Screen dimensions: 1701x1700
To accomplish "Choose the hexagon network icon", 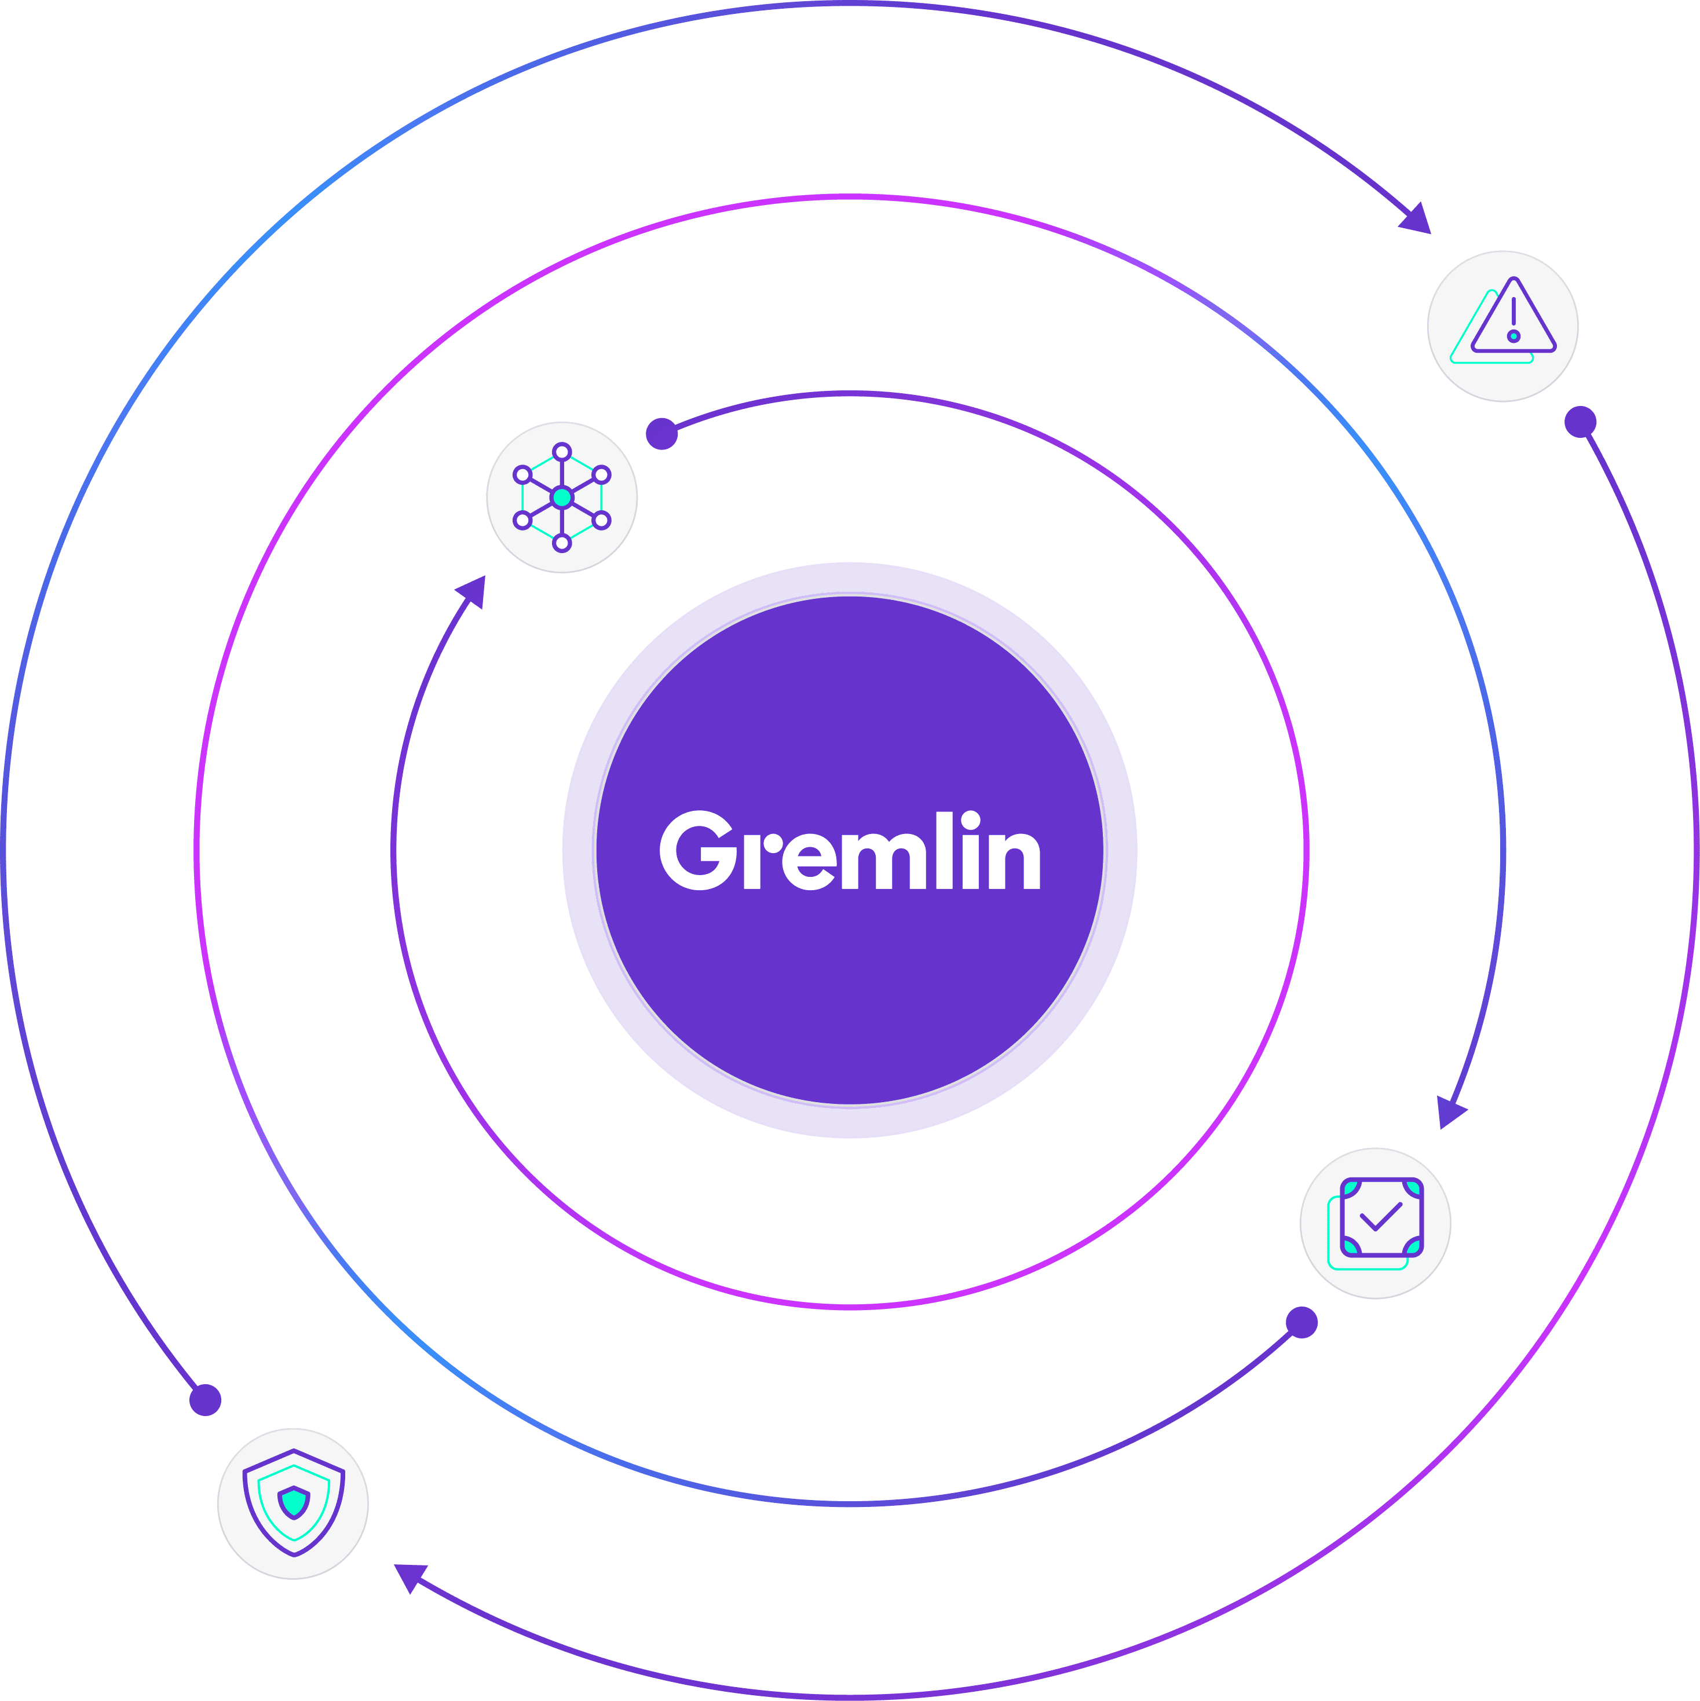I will [x=562, y=498].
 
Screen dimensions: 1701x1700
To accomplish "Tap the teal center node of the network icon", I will [x=562, y=498].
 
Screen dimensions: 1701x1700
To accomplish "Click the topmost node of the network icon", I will [x=562, y=452].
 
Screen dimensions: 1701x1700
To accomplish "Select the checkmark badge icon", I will [x=1375, y=1223].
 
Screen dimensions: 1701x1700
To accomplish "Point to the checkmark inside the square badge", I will [x=1380, y=1217].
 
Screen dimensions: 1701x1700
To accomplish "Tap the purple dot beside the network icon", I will [x=661, y=433].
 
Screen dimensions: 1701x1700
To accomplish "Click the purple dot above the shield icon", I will [x=205, y=1399].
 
